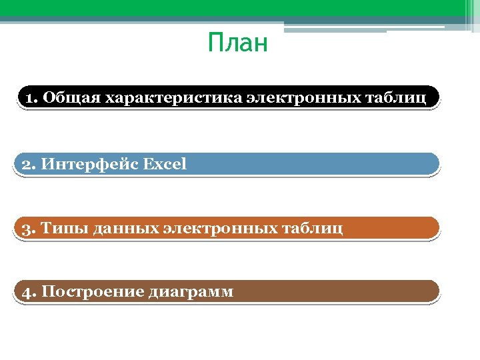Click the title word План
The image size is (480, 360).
pos(237,44)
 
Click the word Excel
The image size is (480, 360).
pos(164,163)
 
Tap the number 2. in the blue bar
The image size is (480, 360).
pos(29,163)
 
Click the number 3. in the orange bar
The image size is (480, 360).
pos(29,229)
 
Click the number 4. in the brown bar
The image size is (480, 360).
pos(29,292)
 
